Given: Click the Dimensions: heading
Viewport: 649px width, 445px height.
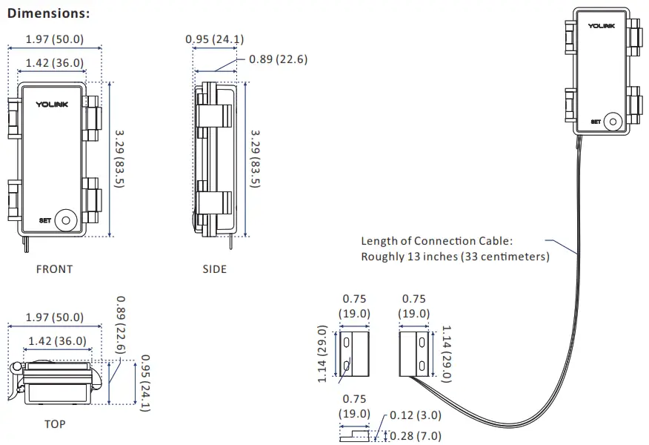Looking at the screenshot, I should (49, 13).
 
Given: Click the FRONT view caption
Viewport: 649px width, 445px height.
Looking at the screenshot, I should (55, 269).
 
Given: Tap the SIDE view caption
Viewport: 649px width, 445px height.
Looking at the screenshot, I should (215, 269).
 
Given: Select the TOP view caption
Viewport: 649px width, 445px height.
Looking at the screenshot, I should (55, 424).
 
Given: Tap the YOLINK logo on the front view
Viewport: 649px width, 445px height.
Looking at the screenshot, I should (52, 105).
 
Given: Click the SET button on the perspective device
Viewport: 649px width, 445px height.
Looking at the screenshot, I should (613, 122).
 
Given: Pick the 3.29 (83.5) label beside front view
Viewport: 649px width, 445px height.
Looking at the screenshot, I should (119, 158).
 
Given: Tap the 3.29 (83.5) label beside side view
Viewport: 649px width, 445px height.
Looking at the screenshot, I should (255, 158).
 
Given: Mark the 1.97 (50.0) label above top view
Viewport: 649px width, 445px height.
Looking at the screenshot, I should (55, 317).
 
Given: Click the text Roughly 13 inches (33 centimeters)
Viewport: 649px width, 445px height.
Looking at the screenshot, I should (455, 257).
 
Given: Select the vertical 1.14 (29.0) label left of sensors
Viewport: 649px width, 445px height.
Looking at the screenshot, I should (323, 354).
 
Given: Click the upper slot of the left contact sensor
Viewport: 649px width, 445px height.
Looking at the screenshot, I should (347, 343).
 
